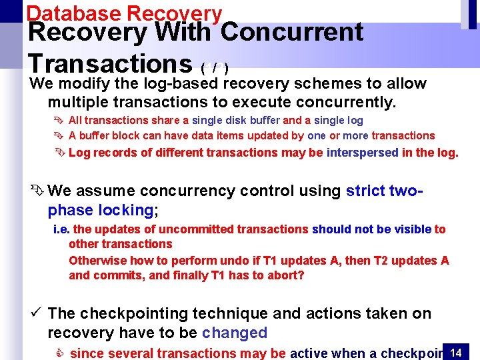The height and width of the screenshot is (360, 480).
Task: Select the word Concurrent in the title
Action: click(x=291, y=33)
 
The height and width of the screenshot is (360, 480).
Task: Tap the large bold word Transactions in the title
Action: click(x=110, y=63)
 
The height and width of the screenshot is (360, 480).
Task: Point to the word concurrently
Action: click(x=343, y=103)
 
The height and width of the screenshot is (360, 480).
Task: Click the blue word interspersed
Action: click(x=362, y=153)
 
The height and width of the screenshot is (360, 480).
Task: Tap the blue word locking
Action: click(x=126, y=211)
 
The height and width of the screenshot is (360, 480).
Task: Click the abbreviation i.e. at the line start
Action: click(x=61, y=229)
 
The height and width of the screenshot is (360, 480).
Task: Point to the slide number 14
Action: click(x=456, y=351)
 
